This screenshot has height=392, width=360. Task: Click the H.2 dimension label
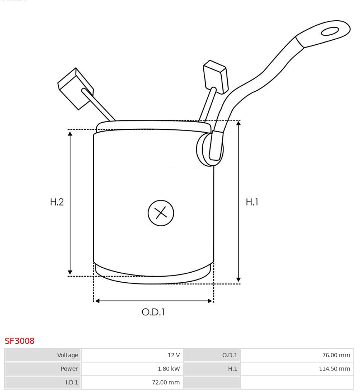point(57,202)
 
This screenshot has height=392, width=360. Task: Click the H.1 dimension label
point(252,202)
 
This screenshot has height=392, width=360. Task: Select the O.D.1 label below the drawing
point(153,312)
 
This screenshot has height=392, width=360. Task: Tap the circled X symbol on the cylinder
point(161,213)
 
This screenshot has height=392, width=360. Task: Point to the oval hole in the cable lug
point(330,31)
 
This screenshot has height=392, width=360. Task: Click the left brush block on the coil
point(75,88)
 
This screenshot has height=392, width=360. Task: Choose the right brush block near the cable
point(215,76)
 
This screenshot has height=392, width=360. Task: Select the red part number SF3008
point(19,341)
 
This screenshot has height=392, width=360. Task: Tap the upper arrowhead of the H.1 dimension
point(238,123)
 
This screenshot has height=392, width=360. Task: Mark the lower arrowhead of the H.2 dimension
point(70,272)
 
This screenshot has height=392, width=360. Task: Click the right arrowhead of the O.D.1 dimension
point(210,301)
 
